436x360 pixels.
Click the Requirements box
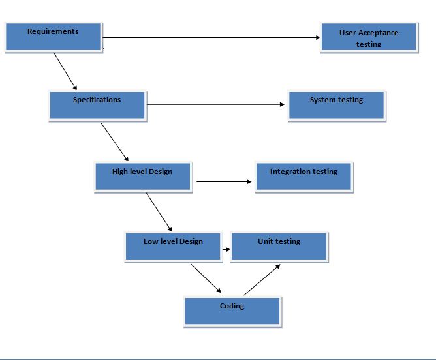click(53, 37)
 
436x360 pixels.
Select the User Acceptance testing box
click(369, 38)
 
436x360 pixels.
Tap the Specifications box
click(97, 105)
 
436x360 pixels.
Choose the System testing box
click(336, 105)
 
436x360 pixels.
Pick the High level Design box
click(143, 177)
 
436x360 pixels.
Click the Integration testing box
click(304, 177)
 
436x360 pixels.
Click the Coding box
click(232, 311)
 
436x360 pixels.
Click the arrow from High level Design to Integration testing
click(225, 182)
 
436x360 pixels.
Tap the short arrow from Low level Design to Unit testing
click(226, 249)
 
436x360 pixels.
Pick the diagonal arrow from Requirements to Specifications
click(65, 70)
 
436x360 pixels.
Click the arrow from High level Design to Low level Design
click(159, 212)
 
